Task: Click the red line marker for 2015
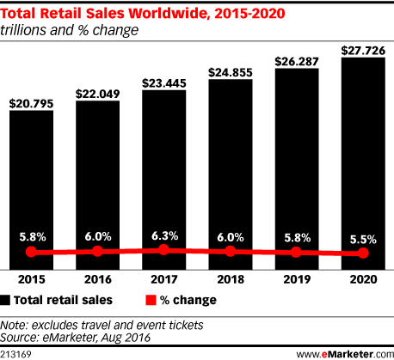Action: coord(31,253)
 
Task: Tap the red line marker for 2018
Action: coord(230,252)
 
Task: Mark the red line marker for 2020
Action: coord(362,253)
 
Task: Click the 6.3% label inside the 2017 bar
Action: coord(163,234)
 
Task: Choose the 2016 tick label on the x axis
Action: coord(97,278)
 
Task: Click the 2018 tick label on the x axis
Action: coord(230,278)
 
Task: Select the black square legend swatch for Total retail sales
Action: coord(7,300)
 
